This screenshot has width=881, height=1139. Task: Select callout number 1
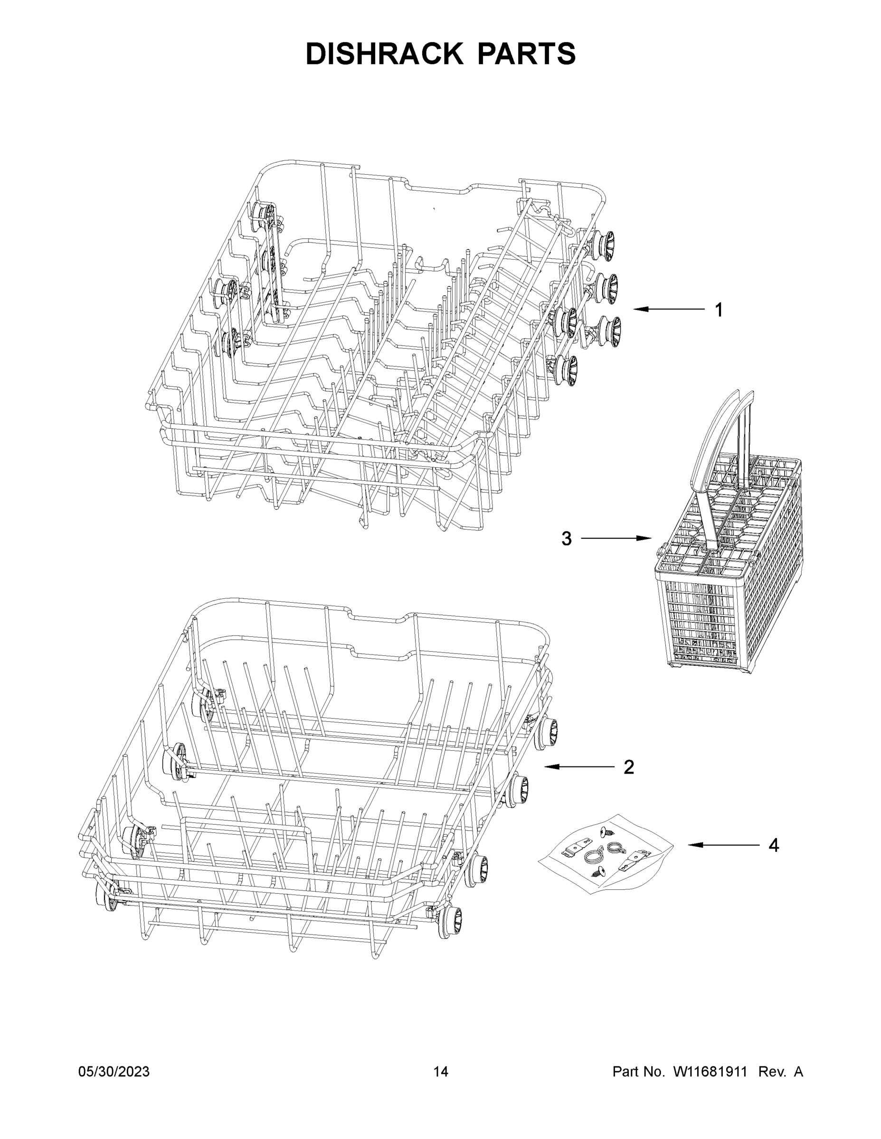[719, 310]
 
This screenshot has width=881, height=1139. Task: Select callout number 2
[629, 766]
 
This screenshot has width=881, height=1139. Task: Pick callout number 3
[566, 538]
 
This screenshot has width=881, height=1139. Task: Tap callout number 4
[774, 845]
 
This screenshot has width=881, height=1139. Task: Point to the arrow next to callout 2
[579, 766]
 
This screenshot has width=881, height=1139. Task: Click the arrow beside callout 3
[616, 538]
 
